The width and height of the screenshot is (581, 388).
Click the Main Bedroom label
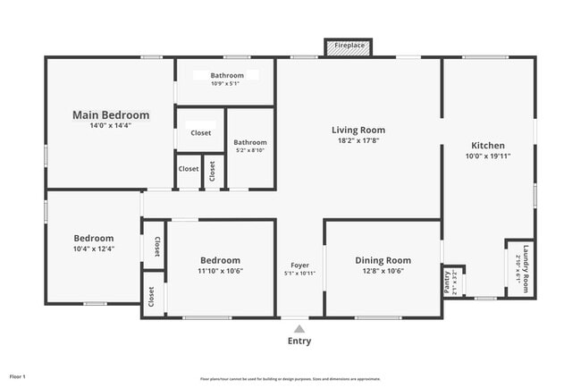tap(111, 115)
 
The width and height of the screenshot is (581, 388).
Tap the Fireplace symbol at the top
tap(349, 46)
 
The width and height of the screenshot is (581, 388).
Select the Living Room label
tap(358, 130)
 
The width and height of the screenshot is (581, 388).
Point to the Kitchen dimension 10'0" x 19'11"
tap(488, 156)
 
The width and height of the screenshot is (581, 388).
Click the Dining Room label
tap(383, 260)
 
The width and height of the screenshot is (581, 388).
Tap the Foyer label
tap(299, 265)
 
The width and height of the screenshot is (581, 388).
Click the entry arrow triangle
tap(299, 329)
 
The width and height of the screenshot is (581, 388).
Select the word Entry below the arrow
tap(299, 342)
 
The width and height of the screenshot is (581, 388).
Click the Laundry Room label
tap(526, 269)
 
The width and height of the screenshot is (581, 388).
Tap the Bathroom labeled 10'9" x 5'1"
tap(227, 76)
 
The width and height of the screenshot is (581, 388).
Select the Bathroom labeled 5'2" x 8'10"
tap(250, 142)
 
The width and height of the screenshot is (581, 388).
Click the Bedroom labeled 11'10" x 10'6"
tap(221, 260)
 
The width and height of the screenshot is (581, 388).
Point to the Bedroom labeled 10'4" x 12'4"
tap(94, 238)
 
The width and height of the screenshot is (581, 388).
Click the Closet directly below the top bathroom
tap(201, 133)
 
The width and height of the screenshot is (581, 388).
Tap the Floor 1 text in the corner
tap(19, 376)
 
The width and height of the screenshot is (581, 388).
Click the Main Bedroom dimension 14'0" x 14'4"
tap(111, 127)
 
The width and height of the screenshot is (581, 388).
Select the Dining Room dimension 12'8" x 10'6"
tap(383, 271)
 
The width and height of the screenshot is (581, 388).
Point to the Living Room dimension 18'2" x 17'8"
tap(358, 140)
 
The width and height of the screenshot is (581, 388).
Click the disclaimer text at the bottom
tap(290, 378)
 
